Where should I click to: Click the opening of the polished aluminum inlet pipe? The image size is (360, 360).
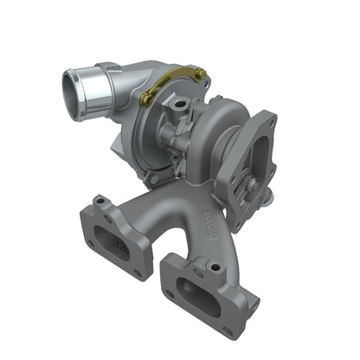75,90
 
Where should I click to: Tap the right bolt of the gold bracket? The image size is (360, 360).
200,77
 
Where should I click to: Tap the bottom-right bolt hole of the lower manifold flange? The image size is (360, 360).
228,330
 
